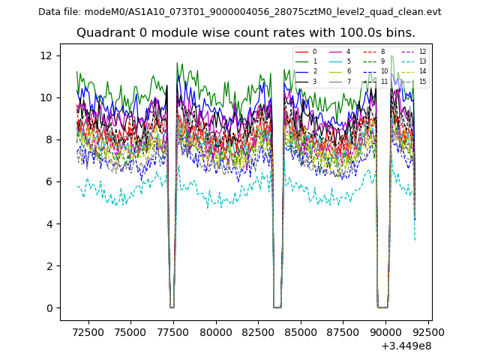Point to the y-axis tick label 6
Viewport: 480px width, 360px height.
point(50,181)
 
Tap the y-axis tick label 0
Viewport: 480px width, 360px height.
point(50,308)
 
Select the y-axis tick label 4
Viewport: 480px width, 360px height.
point(50,223)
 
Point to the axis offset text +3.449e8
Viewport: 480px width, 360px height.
point(406,346)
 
